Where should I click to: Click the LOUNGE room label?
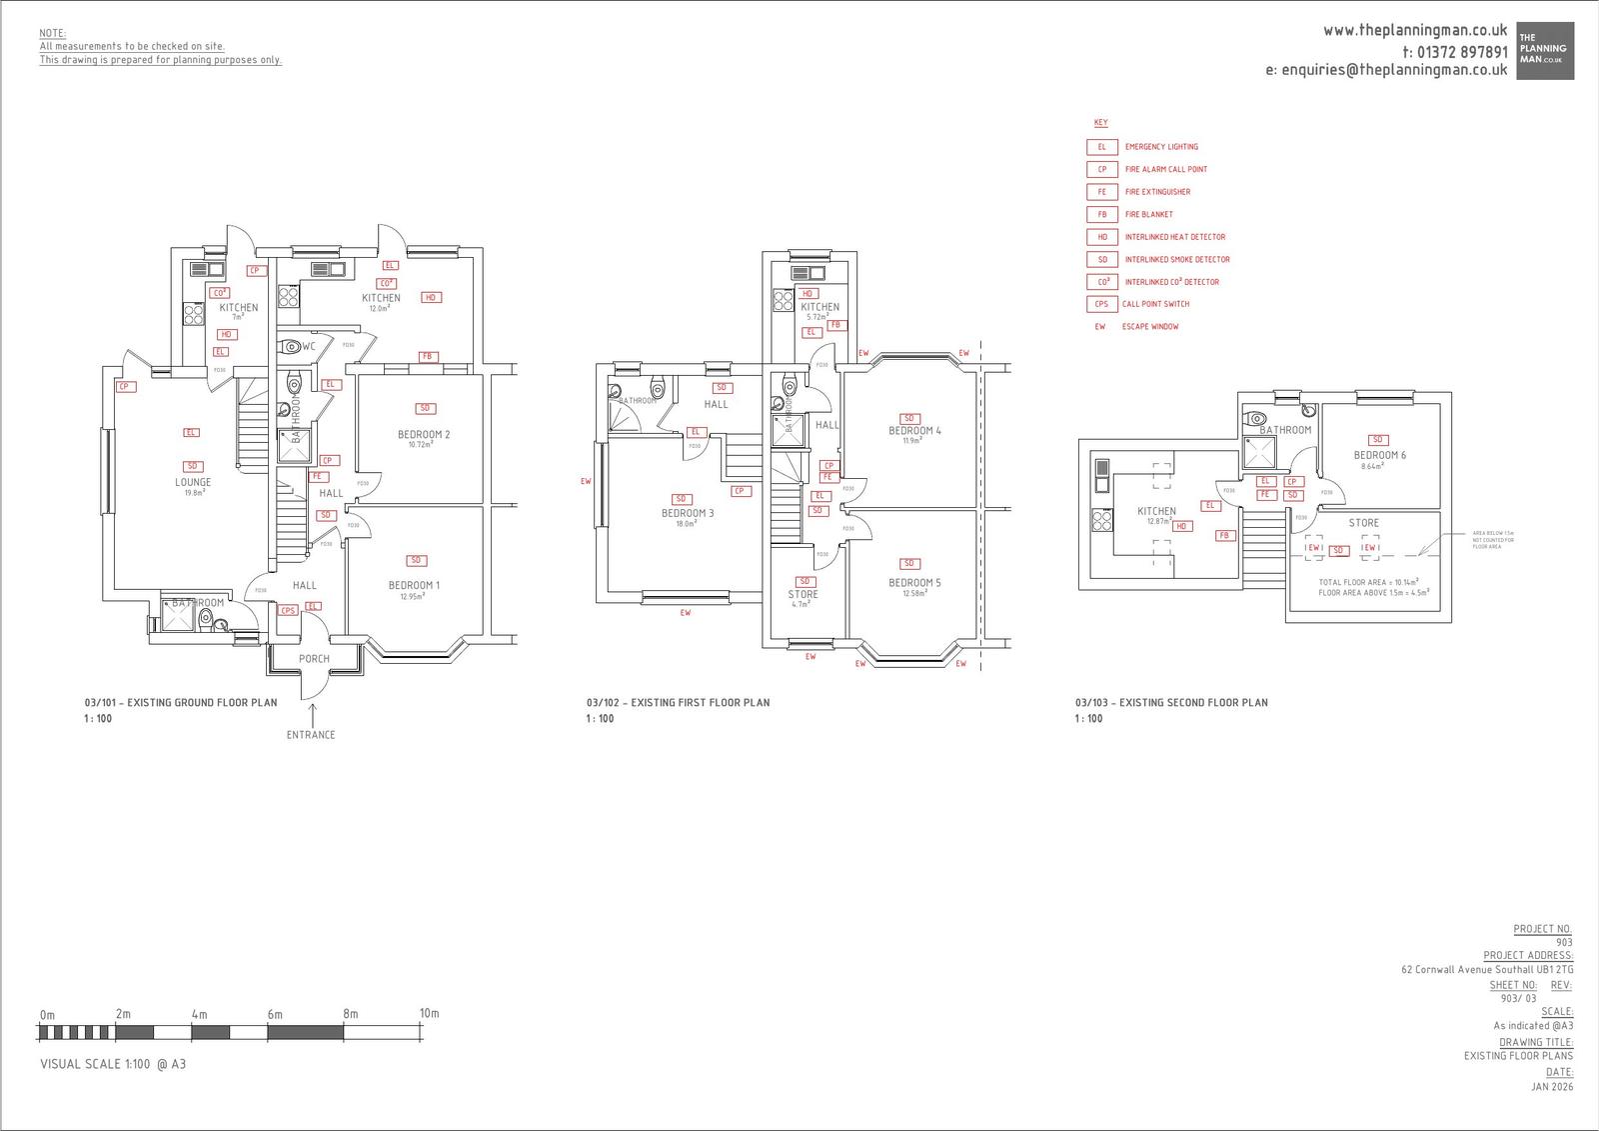[193, 482]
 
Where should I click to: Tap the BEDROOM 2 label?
[424, 434]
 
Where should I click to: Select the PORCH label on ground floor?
[314, 659]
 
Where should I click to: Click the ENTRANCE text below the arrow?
[311, 735]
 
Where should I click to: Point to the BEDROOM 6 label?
[1379, 455]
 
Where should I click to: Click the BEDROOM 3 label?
[688, 513]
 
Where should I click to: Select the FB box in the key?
[1102, 214]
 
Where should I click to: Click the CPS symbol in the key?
[1101, 304]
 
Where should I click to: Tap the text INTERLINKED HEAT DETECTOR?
[1174, 237]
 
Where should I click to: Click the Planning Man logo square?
[1545, 51]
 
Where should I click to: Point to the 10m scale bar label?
[429, 1013]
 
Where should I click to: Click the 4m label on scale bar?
[199, 1014]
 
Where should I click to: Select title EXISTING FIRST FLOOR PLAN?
[678, 703]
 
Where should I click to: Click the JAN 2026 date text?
[1551, 1087]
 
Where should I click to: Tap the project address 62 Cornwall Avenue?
[1486, 970]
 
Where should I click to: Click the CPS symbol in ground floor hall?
[288, 610]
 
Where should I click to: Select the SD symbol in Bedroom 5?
[909, 564]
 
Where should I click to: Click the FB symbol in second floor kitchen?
[1223, 536]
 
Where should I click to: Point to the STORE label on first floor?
[802, 594]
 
